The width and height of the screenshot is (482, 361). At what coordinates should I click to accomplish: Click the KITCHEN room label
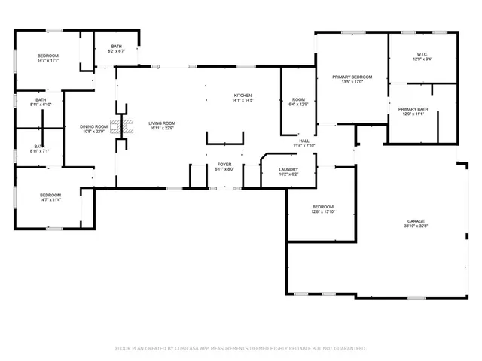click(x=243, y=95)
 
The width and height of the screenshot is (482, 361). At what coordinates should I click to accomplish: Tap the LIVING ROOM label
click(x=161, y=123)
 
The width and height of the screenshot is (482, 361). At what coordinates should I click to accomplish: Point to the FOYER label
click(x=224, y=163)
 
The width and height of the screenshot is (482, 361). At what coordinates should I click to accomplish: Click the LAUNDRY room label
click(x=289, y=169)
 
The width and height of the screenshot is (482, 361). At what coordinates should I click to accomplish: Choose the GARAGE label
click(x=416, y=220)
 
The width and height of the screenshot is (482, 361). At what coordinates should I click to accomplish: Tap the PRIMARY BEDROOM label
click(x=352, y=77)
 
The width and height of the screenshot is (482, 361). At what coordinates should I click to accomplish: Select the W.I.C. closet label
click(x=422, y=53)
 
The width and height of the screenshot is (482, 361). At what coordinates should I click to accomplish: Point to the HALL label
click(x=304, y=141)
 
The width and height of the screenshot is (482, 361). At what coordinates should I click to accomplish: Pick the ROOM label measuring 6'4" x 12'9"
click(x=298, y=99)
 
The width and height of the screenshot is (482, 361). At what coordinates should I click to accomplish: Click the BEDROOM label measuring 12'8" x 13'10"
click(x=322, y=207)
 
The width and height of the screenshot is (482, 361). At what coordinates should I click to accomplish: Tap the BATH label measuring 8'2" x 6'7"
click(x=117, y=46)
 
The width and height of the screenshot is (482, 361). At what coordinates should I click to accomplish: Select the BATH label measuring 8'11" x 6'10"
click(x=40, y=99)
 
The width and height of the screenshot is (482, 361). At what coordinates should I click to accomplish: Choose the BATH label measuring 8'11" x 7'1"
click(x=40, y=146)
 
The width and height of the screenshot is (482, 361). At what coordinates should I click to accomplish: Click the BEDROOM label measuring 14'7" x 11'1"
click(x=48, y=56)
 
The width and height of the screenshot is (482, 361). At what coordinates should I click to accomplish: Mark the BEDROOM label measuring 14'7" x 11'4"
click(x=50, y=196)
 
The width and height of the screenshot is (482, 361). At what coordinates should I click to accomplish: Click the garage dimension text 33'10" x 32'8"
click(x=416, y=226)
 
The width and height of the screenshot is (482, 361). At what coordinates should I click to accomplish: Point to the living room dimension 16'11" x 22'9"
click(x=161, y=128)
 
